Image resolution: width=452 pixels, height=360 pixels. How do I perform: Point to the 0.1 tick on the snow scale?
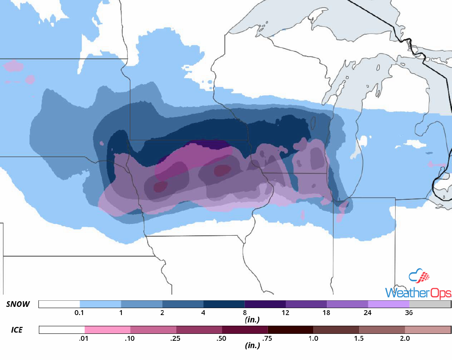(80, 313)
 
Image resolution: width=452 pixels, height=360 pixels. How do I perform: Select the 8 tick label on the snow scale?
(245, 313)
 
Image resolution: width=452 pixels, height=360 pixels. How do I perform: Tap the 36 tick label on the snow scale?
(409, 313)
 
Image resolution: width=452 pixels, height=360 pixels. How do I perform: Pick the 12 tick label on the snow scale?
(286, 313)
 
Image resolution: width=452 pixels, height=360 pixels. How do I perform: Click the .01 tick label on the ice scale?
(84, 338)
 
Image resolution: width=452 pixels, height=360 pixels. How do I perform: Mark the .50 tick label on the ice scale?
(222, 338)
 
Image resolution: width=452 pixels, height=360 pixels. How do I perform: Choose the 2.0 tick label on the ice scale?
(405, 338)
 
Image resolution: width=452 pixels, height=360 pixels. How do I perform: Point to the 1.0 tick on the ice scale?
(313, 338)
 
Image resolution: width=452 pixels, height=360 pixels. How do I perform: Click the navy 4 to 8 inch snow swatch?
(224, 304)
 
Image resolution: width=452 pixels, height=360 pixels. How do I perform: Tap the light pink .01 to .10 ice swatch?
(107, 330)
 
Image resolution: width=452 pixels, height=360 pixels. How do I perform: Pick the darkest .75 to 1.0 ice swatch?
(290, 330)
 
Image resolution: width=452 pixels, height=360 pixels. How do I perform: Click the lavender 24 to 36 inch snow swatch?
(388, 304)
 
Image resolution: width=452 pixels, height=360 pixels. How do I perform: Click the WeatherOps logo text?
(418, 293)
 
